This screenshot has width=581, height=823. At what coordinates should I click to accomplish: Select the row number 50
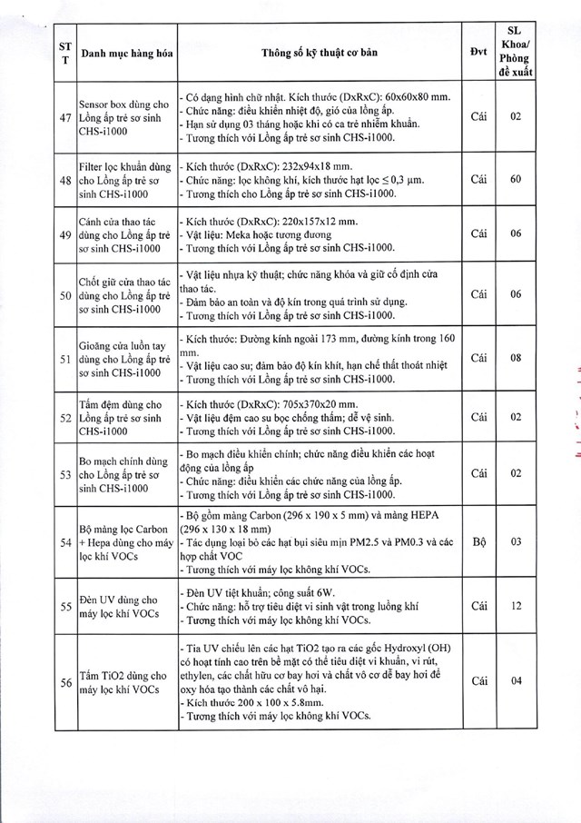[64, 296]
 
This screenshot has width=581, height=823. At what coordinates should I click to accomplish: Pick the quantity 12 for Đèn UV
[516, 606]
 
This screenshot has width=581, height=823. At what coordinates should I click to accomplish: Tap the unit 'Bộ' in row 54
[479, 540]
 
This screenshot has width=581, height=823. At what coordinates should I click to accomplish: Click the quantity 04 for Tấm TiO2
[516, 681]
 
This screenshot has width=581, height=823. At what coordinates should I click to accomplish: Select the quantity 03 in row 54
[516, 540]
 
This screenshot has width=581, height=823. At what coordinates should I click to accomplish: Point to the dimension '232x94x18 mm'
[306, 168]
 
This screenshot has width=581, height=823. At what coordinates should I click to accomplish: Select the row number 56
[64, 681]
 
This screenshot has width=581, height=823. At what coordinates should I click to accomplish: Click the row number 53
[64, 473]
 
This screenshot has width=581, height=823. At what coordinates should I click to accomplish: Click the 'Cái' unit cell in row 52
[479, 416]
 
